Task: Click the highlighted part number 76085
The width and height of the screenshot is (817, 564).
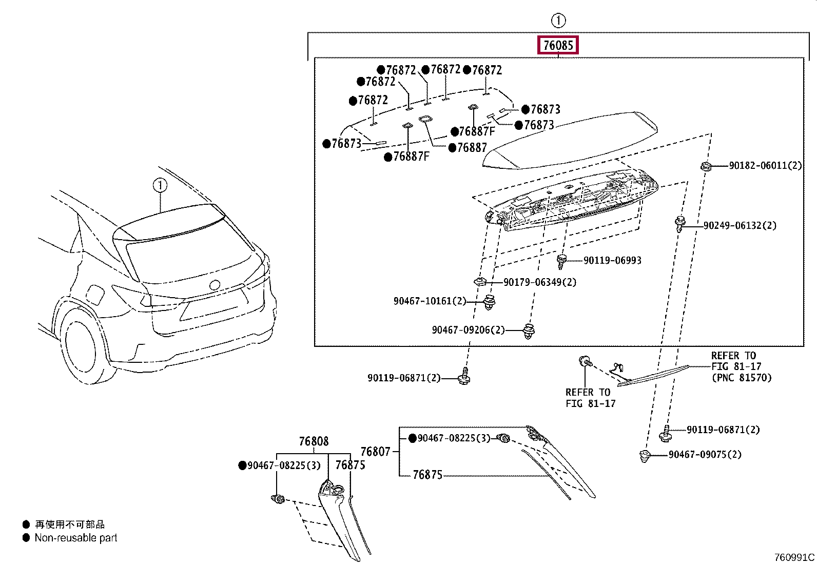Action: pyautogui.click(x=558, y=45)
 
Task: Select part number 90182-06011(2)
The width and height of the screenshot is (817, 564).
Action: pyautogui.click(x=765, y=166)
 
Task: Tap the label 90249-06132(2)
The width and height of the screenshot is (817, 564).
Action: pyautogui.click(x=740, y=225)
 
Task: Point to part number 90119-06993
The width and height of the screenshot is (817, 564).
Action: pyautogui.click(x=612, y=261)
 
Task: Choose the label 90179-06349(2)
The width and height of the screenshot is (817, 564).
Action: pyautogui.click(x=539, y=282)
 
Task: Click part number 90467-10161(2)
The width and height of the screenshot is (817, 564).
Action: pyautogui.click(x=430, y=301)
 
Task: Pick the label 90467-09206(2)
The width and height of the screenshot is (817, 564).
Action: pyautogui.click(x=468, y=330)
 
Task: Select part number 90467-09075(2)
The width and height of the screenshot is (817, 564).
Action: pyautogui.click(x=705, y=455)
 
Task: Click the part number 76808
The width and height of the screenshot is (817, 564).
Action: pyautogui.click(x=314, y=441)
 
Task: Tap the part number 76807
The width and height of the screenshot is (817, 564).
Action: pyautogui.click(x=375, y=452)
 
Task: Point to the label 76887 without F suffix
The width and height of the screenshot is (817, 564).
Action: pyautogui.click(x=472, y=148)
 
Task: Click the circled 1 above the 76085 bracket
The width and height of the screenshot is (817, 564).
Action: pyautogui.click(x=558, y=21)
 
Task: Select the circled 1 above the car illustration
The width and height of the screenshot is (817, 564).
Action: pyautogui.click(x=160, y=185)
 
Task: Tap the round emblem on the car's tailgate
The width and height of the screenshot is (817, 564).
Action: pyautogui.click(x=215, y=285)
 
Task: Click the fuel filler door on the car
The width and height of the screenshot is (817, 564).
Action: pyautogui.click(x=95, y=295)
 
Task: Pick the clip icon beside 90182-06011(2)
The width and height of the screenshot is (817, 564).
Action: pyautogui.click(x=706, y=166)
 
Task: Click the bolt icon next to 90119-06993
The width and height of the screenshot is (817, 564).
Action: pyautogui.click(x=562, y=261)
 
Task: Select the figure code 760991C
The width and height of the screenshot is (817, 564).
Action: pyautogui.click(x=794, y=557)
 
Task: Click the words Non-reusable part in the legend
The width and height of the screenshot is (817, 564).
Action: pyautogui.click(x=76, y=538)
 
